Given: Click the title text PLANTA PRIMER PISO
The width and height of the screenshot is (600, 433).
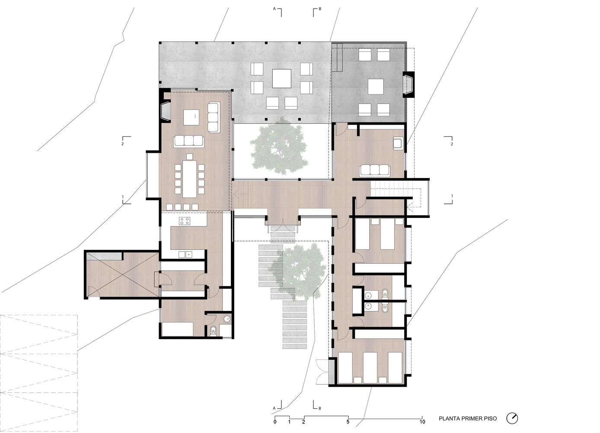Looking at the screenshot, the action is (x=468, y=419).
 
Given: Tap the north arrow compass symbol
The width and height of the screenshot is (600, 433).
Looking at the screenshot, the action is (x=512, y=418).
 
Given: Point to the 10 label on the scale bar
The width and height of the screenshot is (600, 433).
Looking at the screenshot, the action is (x=422, y=422).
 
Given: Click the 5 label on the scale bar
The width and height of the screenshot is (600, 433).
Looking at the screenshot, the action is (x=348, y=422).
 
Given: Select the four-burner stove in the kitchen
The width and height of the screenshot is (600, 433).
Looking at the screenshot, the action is (x=185, y=221).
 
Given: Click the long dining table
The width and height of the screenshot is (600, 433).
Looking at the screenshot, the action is (x=189, y=179).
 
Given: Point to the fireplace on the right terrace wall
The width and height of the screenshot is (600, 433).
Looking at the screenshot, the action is (x=408, y=84).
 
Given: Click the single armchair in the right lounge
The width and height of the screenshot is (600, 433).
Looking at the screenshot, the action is (x=398, y=143).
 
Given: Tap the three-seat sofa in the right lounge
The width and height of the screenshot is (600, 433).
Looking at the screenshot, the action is (x=375, y=170).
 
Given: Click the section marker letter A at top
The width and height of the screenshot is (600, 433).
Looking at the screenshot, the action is (x=274, y=9).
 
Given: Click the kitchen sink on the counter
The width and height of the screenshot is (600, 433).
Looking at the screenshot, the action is (x=185, y=254).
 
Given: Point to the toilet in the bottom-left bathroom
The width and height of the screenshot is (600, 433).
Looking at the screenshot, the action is (x=213, y=330).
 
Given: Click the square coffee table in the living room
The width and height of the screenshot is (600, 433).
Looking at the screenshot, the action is (x=191, y=117).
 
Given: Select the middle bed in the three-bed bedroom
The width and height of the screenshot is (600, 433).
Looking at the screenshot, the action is (x=370, y=368).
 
